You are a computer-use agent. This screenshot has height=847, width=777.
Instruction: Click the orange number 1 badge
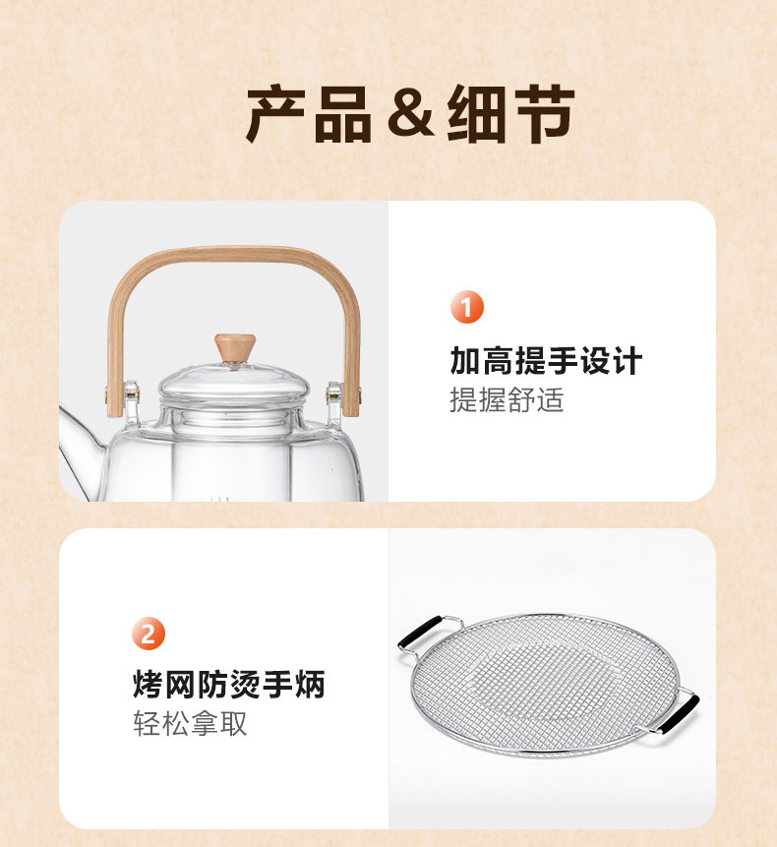point(467,308)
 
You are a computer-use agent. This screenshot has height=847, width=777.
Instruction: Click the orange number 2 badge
point(149,634)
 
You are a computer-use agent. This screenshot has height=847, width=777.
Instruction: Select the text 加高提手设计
point(546,361)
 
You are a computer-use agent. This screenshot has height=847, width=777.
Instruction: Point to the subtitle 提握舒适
point(507,400)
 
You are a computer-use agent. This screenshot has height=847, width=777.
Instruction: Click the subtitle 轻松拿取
point(190,724)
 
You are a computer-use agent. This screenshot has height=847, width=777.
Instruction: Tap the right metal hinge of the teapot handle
point(335,396)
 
